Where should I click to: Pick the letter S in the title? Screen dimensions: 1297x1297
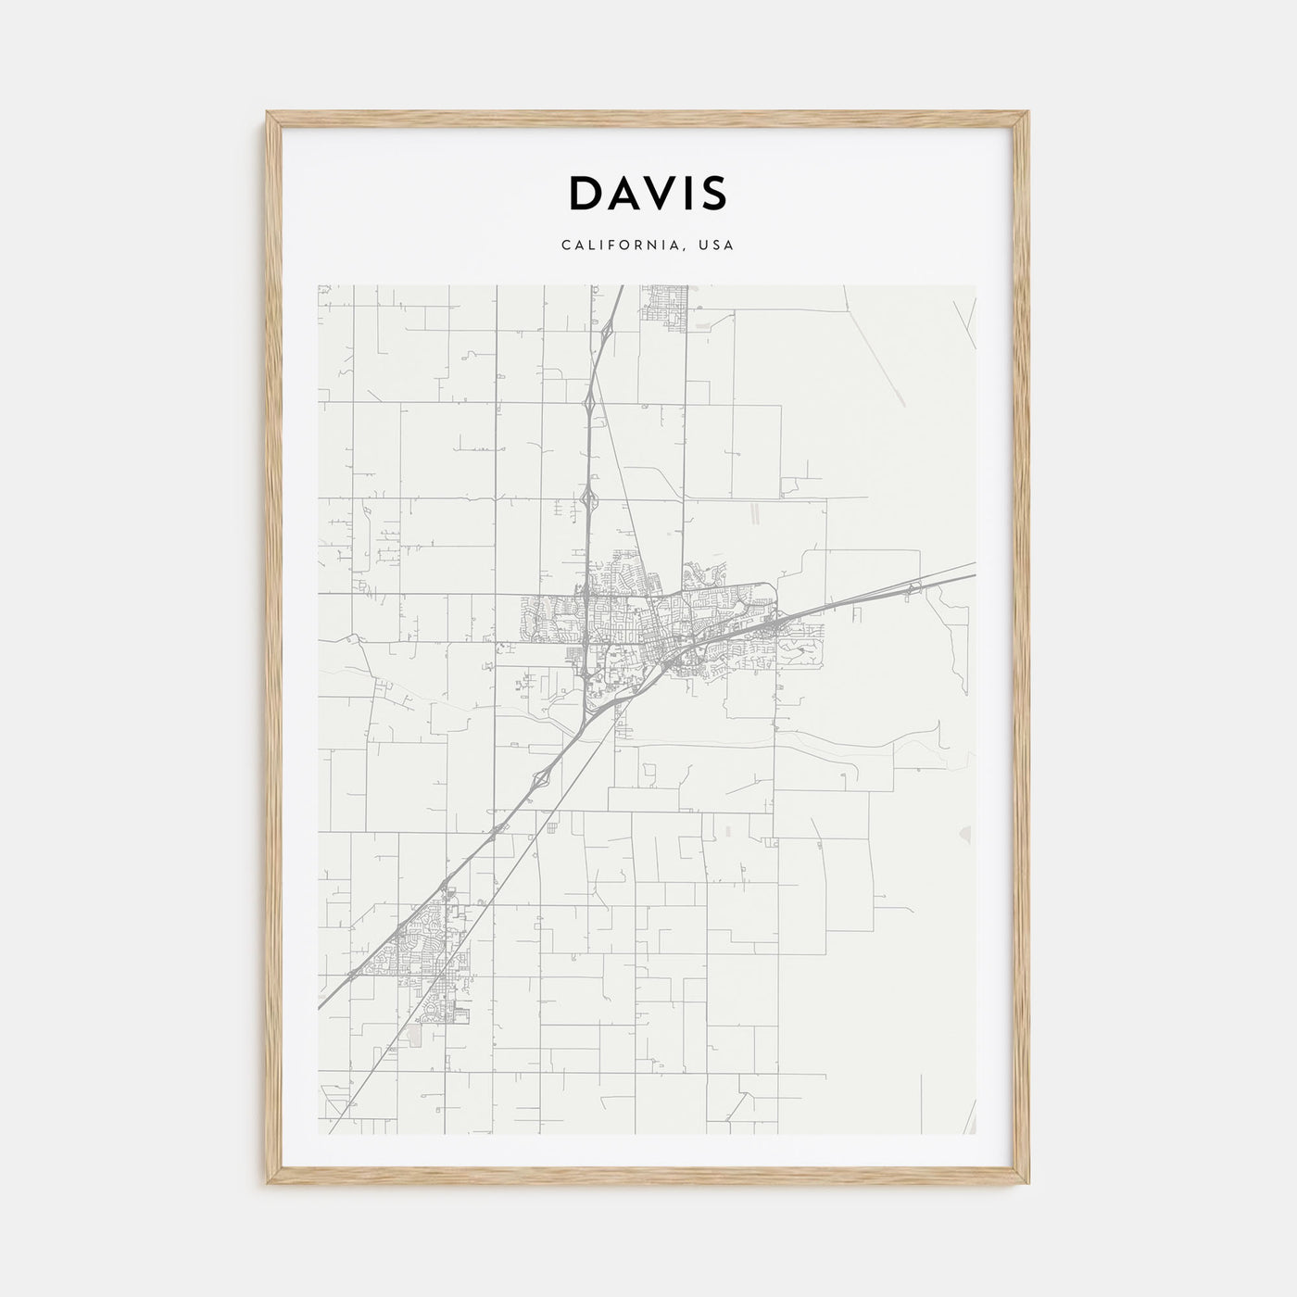(x=714, y=193)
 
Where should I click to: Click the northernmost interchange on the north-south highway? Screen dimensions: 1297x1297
(x=607, y=328)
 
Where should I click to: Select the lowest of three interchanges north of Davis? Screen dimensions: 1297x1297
(x=587, y=499)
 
